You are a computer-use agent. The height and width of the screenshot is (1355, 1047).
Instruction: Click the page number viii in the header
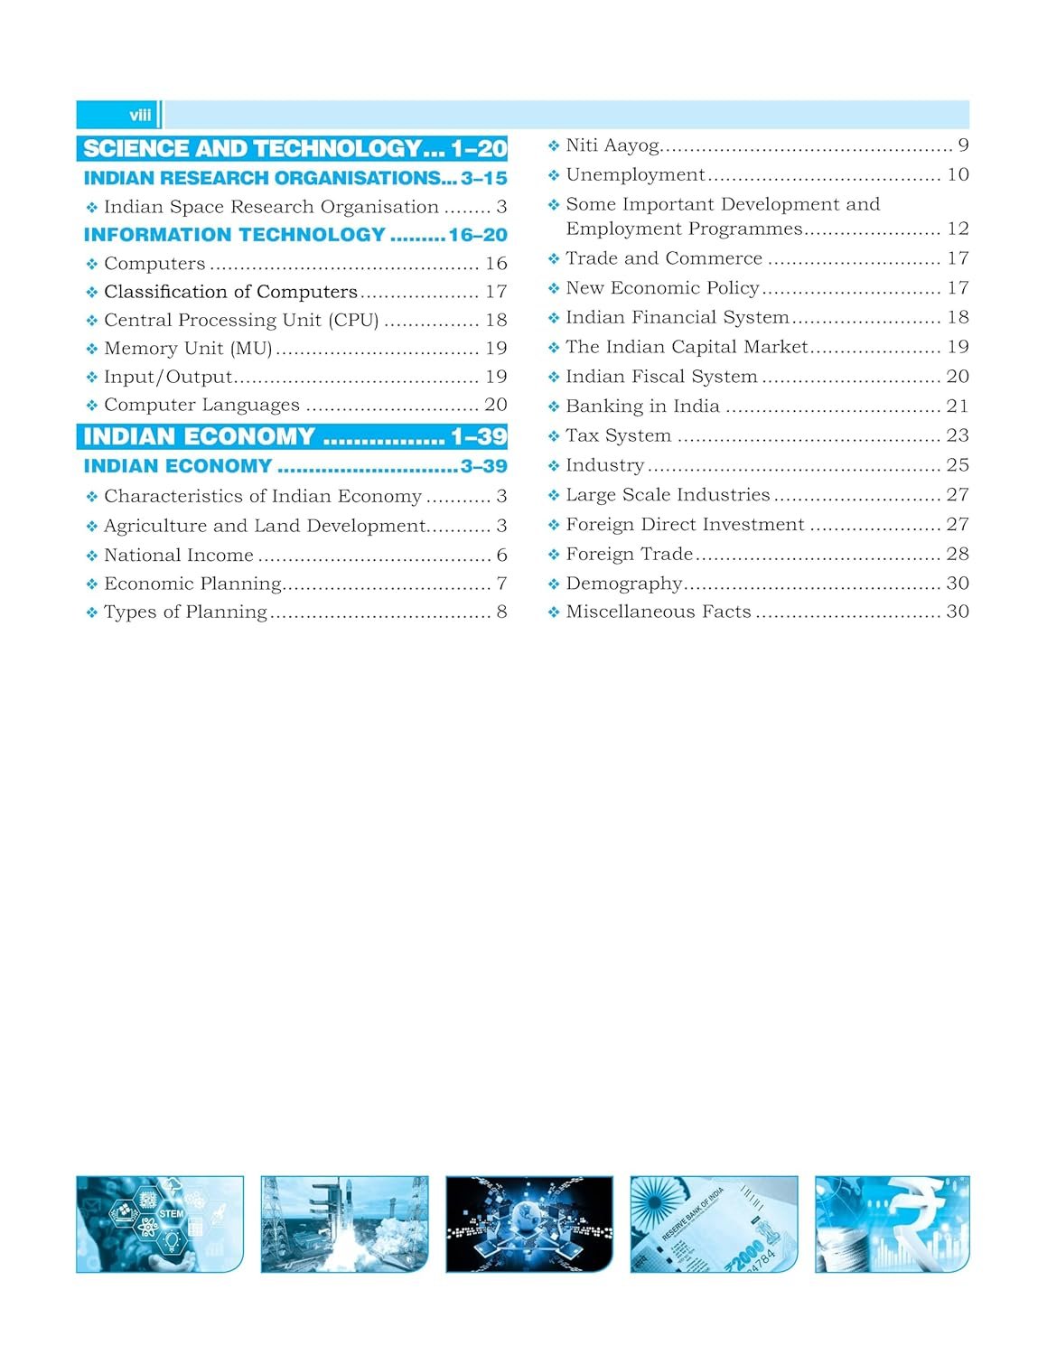point(140,116)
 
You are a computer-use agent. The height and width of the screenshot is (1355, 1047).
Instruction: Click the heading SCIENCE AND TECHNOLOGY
point(253,148)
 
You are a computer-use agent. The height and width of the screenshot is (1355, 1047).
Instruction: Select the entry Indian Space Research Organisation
point(271,207)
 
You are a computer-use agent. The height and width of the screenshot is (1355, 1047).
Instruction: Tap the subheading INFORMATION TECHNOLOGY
point(235,235)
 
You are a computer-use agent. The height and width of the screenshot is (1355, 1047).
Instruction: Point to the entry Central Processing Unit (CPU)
point(241,320)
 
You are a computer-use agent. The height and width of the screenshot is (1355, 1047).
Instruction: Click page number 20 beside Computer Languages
point(496,405)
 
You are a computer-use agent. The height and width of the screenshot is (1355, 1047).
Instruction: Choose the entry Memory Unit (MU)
point(188,348)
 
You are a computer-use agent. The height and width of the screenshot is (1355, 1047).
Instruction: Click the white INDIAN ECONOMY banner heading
point(199,436)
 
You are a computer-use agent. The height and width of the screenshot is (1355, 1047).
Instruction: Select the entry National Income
point(179,556)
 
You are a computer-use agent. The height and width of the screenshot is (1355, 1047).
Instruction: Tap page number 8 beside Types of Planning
point(501,612)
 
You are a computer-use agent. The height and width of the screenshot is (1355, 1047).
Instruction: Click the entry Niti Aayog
point(612,145)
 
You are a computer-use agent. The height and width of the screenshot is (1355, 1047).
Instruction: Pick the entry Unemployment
point(635,174)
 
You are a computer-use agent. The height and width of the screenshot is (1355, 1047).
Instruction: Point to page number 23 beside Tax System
point(958,435)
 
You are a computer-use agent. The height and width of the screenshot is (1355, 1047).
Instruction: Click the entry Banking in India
point(642,406)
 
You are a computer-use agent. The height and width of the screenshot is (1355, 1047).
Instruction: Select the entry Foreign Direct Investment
point(685,525)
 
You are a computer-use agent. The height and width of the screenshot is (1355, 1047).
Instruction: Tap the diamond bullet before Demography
point(554,584)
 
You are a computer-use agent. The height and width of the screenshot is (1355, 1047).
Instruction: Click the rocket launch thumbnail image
point(344,1224)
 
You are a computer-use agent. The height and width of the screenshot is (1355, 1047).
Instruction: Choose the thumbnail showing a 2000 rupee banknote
point(714,1224)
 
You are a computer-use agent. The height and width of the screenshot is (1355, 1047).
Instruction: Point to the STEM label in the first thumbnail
point(171,1213)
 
